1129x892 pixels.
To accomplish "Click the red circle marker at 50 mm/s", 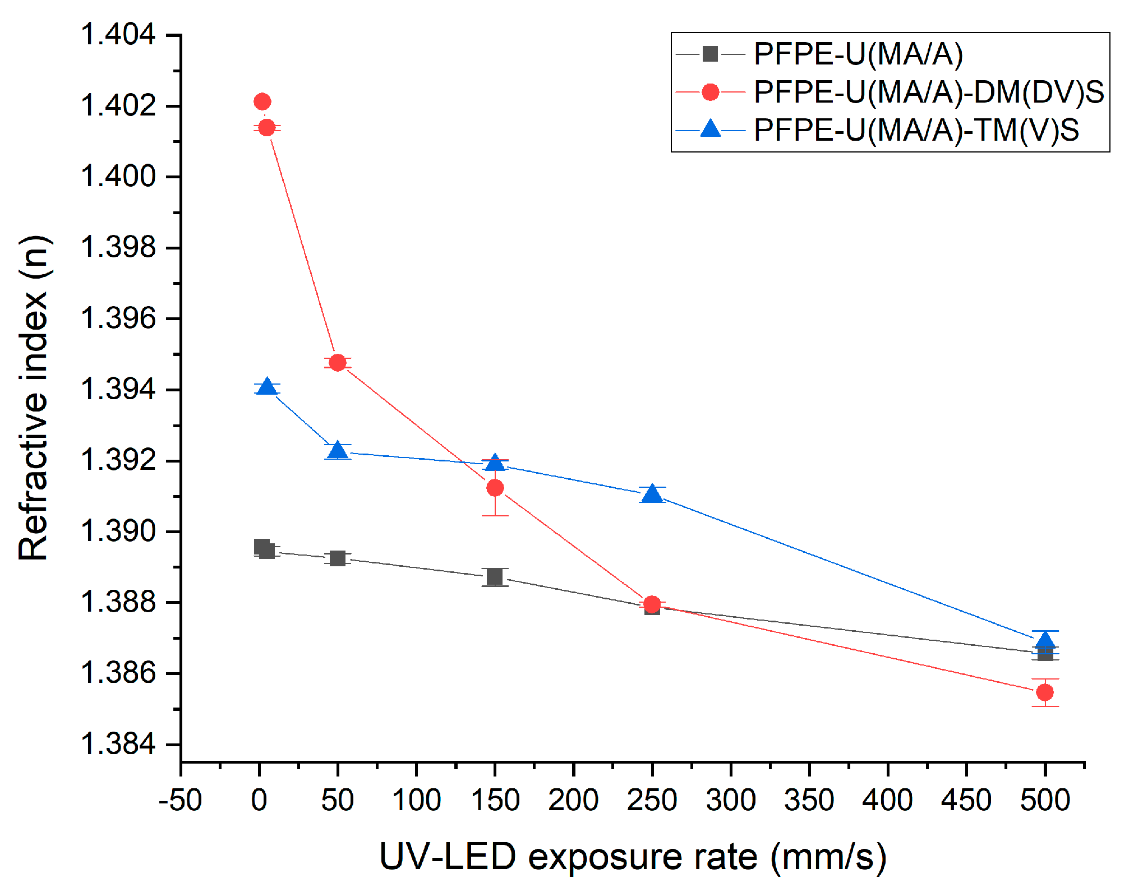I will pyautogui.click(x=337, y=363).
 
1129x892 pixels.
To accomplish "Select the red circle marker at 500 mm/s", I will pyautogui.click(x=1044, y=692).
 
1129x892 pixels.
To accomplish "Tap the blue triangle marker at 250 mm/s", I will pyautogui.click(x=652, y=494).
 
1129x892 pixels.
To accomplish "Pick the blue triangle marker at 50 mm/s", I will pyautogui.click(x=337, y=451).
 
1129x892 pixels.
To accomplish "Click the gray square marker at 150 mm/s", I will pyautogui.click(x=495, y=576).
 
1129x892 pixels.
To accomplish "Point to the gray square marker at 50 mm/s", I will pyautogui.click(x=337, y=558).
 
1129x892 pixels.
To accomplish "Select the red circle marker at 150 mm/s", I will pyautogui.click(x=495, y=488).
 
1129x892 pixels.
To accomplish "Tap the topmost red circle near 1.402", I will pyautogui.click(x=262, y=101).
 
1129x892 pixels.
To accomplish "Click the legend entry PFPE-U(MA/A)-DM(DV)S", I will pyautogui.click(x=928, y=92).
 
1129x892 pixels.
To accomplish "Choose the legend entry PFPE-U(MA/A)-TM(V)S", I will pyautogui.click(x=916, y=130).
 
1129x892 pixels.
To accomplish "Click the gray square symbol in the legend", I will pyautogui.click(x=710, y=54).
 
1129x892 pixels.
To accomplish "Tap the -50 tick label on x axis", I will pyautogui.click(x=180, y=800).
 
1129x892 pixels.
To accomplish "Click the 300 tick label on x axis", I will pyautogui.click(x=730, y=800).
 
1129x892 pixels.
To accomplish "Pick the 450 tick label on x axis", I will pyautogui.click(x=966, y=800).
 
